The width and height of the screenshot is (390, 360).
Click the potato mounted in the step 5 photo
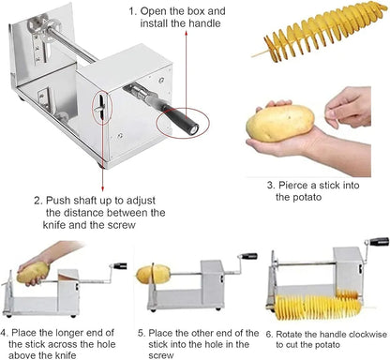click(x=153, y=275)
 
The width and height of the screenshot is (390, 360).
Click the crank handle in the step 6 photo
click(x=377, y=243)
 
